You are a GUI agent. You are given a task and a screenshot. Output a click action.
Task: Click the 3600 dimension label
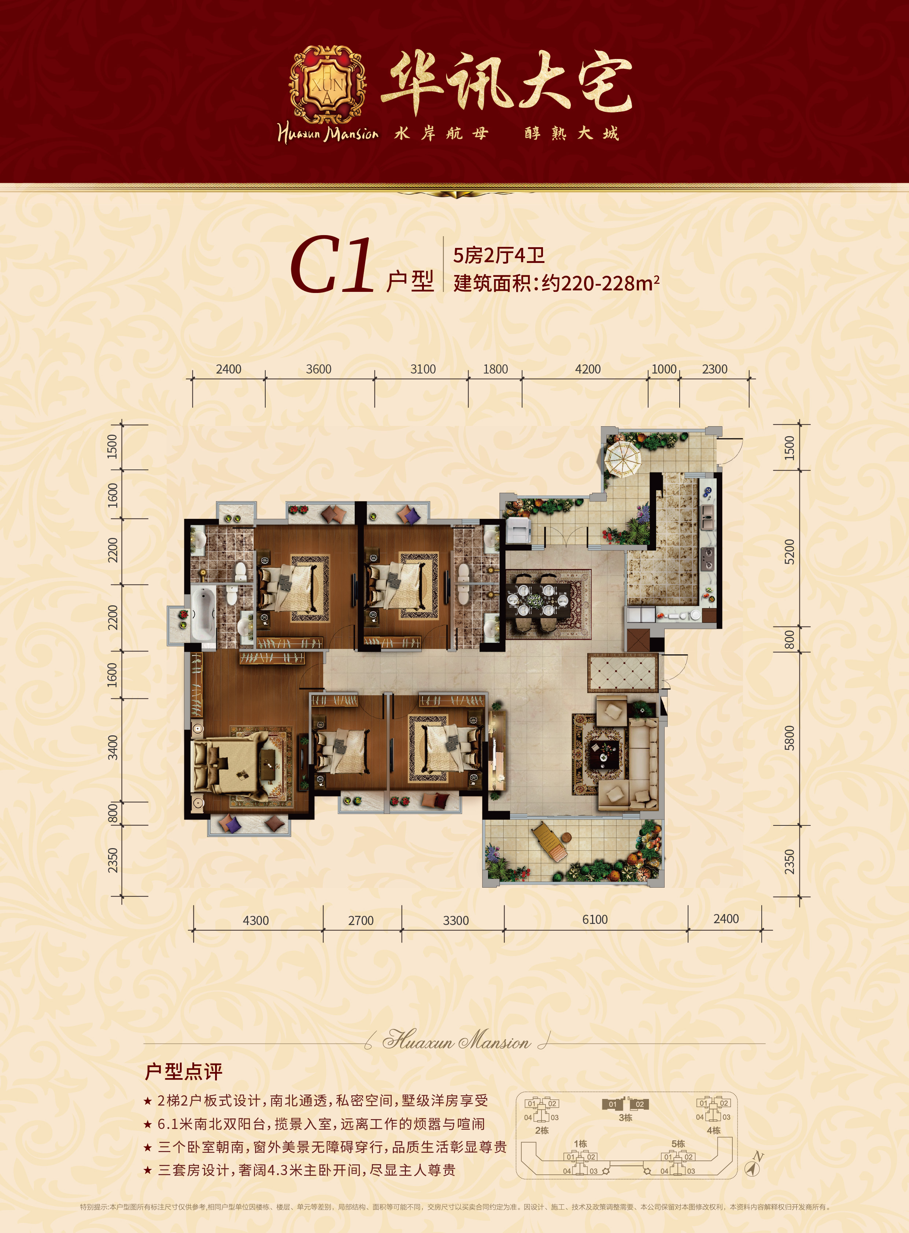(319, 369)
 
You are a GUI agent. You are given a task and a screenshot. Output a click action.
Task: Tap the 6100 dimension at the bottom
(595, 920)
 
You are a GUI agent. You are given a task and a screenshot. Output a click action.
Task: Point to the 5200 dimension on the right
(790, 551)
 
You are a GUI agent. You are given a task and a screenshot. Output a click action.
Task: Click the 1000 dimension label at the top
(664, 369)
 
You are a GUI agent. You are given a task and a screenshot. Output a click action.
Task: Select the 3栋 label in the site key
(626, 1118)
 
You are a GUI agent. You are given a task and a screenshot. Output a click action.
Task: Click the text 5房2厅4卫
(499, 256)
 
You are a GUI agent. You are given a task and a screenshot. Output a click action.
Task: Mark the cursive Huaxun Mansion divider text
(456, 1040)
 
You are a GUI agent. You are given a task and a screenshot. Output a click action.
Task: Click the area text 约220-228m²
(600, 283)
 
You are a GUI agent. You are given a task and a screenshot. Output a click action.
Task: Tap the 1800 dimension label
(495, 369)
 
